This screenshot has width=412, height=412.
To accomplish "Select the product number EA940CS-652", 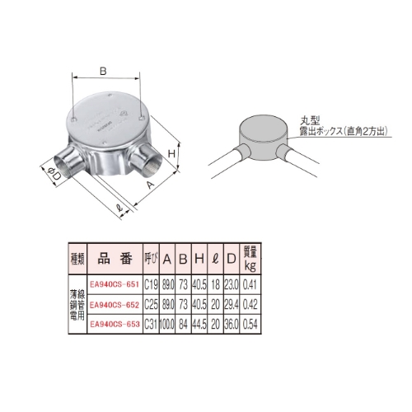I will point(115,305).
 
